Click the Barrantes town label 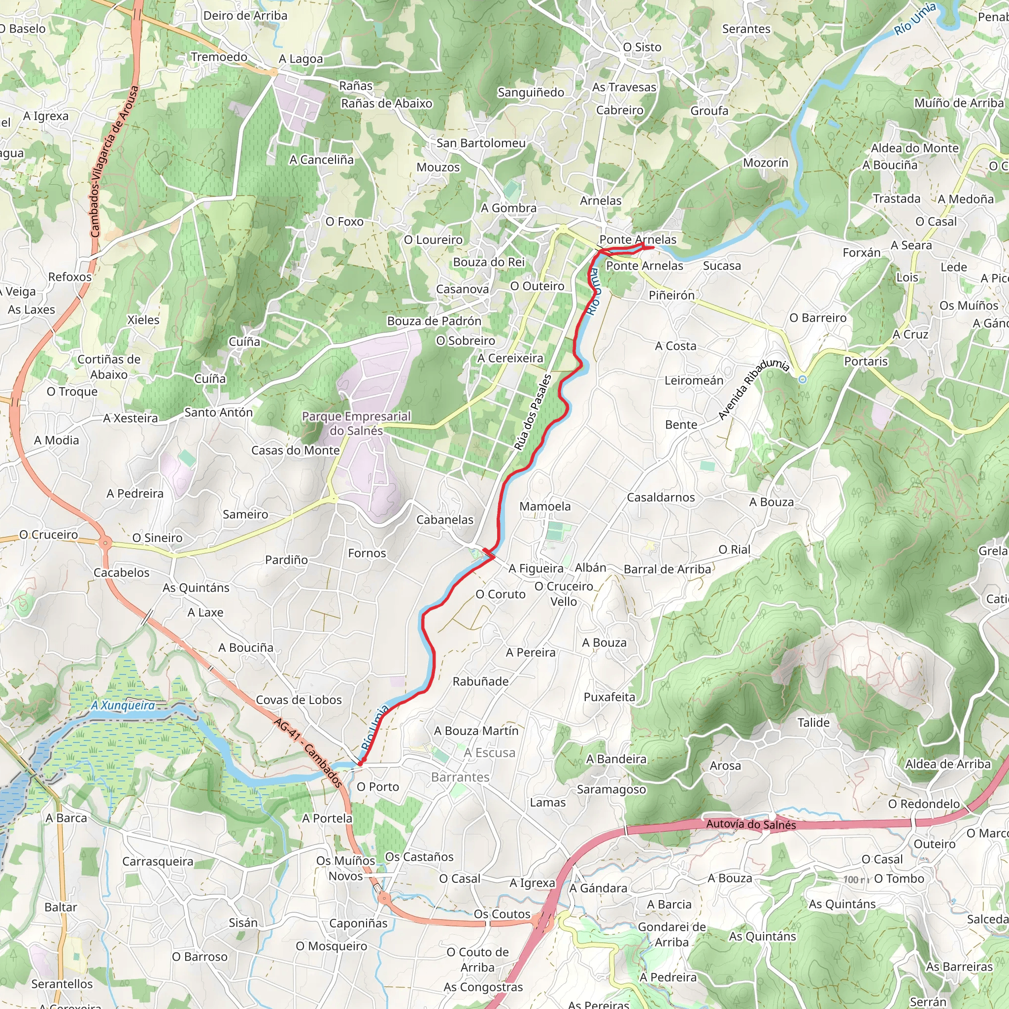tap(460, 777)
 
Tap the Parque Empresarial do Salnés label tap(356, 424)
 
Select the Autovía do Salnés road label tap(750, 824)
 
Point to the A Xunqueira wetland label tap(123, 706)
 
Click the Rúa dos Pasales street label tap(532, 412)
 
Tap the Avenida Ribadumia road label tap(753, 389)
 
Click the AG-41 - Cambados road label tap(307, 753)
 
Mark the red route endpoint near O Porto tap(360, 764)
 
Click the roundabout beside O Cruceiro tap(105, 543)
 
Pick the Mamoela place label tap(545, 506)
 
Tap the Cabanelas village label tap(444, 520)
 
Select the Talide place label tap(813, 723)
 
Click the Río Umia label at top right tap(914, 19)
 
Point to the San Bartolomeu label tap(480, 143)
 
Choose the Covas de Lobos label tap(299, 700)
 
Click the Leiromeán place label tap(694, 380)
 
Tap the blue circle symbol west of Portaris tap(802, 379)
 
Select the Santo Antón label tap(218, 412)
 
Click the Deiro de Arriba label tap(245, 16)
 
